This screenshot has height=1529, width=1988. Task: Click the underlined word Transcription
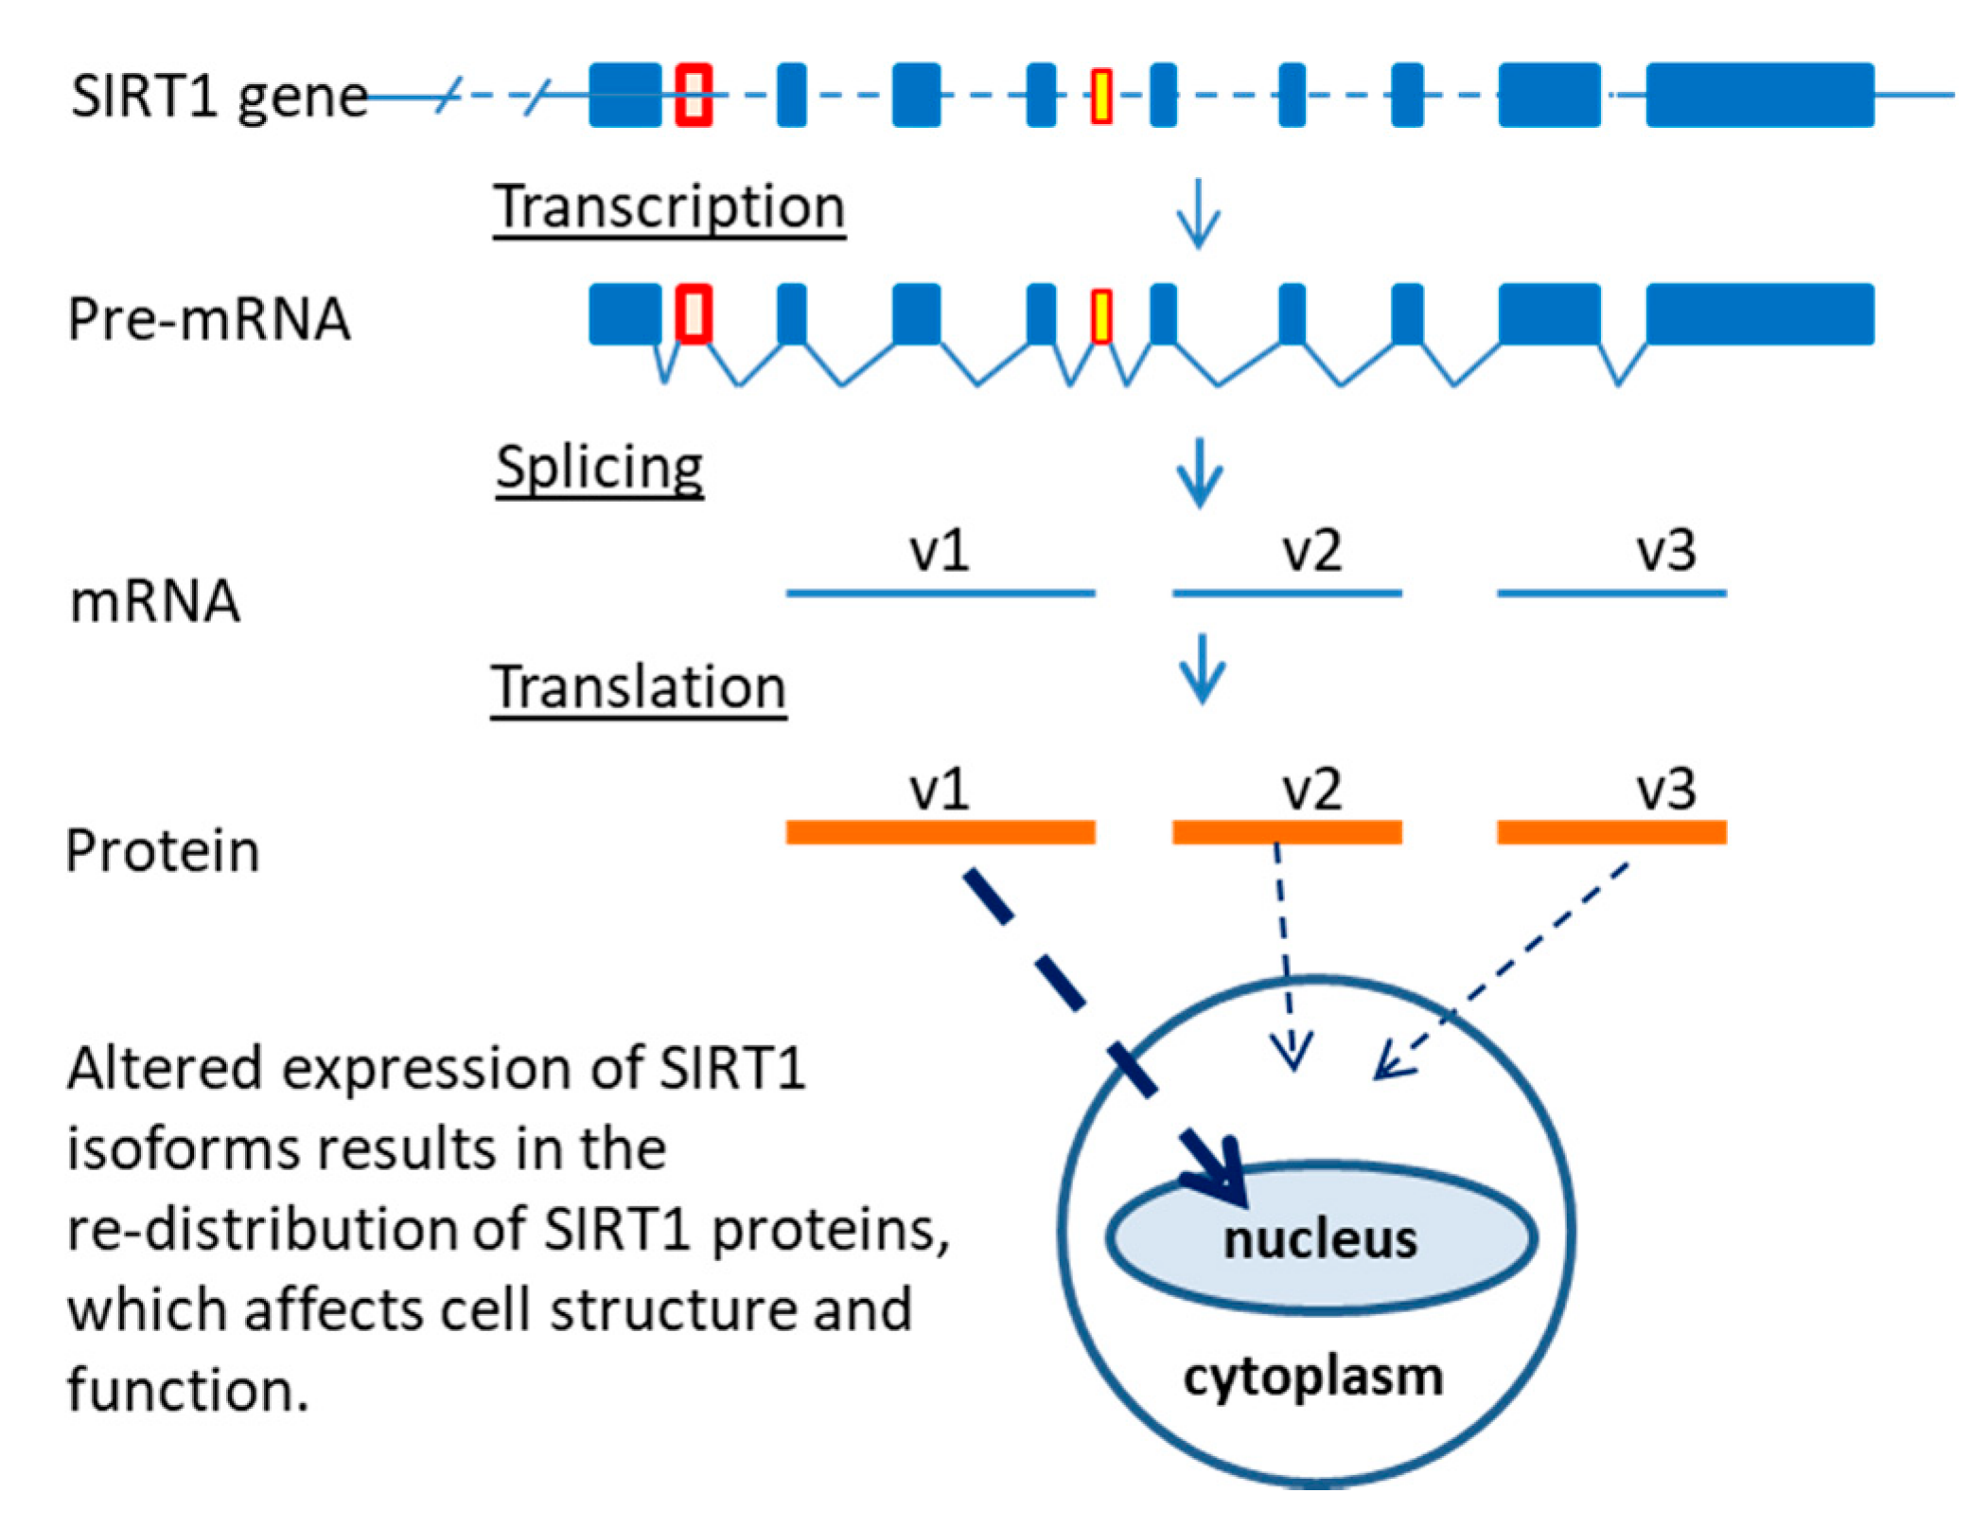(668, 207)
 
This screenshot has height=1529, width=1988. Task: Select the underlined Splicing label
(599, 467)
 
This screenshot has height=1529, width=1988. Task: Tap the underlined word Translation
(638, 686)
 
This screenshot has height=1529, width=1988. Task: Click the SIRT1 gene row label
(219, 97)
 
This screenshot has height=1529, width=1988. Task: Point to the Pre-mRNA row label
(209, 318)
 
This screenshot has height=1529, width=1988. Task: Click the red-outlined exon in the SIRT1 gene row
(694, 95)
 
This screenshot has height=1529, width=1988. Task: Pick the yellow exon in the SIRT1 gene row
(1100, 96)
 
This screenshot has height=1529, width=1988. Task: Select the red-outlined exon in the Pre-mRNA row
(694, 314)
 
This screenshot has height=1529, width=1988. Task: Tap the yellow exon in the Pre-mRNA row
(1100, 316)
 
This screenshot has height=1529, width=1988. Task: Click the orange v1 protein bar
(940, 832)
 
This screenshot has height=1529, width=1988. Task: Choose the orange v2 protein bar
(1286, 832)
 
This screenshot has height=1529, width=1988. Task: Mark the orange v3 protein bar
(1610, 832)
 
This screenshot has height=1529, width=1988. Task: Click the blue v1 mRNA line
(940, 593)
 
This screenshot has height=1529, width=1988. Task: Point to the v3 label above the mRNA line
(1665, 550)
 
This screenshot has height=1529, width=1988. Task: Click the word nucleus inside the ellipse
(1320, 1239)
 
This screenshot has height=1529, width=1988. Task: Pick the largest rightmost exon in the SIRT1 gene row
(1759, 95)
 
